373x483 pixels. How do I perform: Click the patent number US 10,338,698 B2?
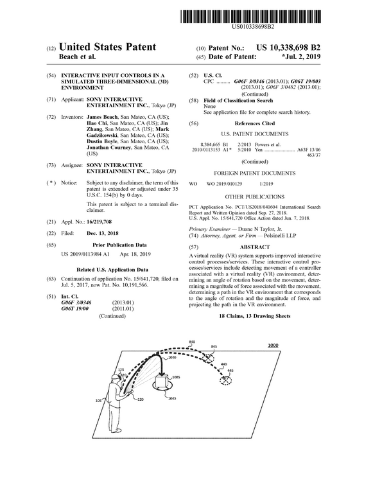tap(288, 48)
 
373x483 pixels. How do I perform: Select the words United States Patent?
tap(108, 48)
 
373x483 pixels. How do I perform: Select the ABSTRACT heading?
tap(254, 247)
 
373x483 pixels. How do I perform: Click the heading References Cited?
tap(254, 123)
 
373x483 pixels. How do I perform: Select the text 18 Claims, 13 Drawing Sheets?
tap(254, 316)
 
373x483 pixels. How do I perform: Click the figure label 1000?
tap(272, 346)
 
